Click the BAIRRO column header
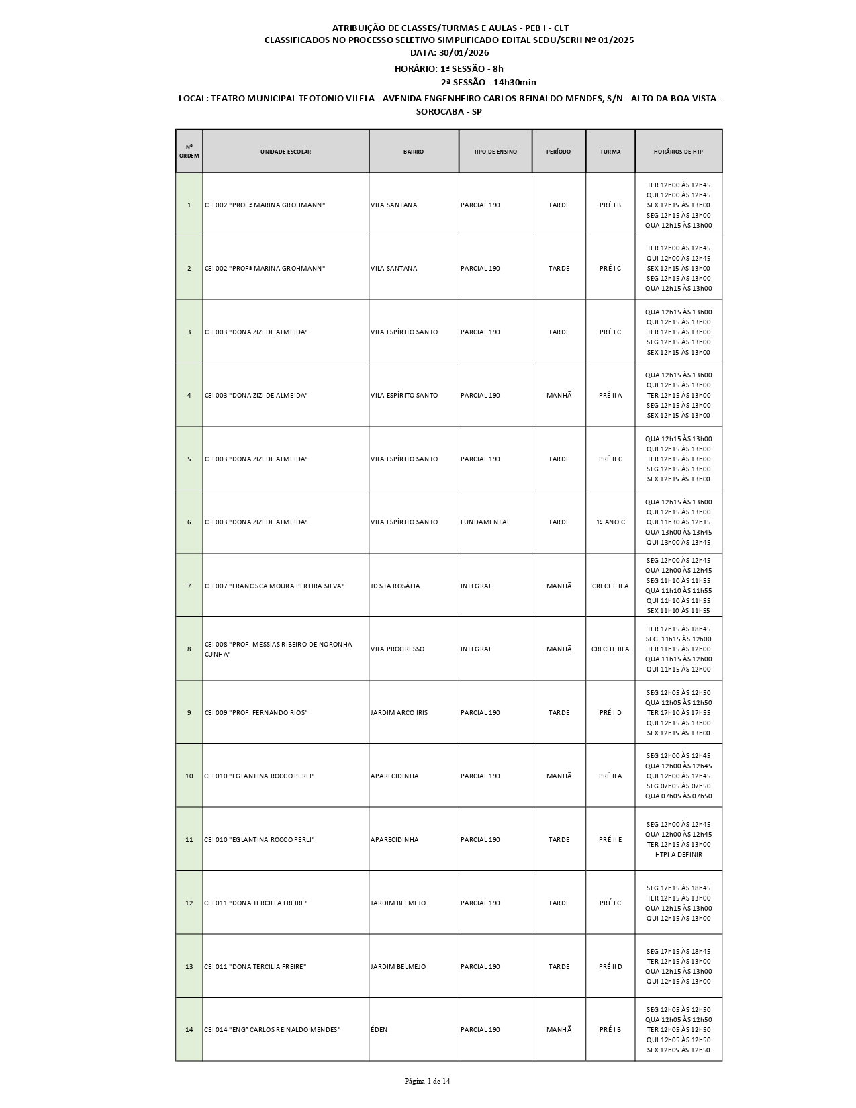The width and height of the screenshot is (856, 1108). (414, 152)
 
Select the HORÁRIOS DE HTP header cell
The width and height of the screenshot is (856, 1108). (678, 152)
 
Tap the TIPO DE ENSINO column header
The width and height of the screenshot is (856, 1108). (495, 152)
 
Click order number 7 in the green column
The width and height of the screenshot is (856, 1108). (189, 586)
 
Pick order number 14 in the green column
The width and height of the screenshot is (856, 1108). (189, 1030)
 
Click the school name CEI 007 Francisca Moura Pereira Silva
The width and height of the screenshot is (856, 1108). (275, 586)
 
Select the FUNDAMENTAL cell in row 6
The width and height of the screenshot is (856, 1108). (485, 522)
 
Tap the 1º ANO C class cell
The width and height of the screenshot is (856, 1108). (610, 522)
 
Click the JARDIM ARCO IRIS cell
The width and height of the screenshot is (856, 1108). (399, 713)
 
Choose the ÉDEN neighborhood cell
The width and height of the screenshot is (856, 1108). (379, 1030)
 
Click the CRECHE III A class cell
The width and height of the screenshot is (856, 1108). (610, 649)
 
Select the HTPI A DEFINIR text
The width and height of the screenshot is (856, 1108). (678, 855)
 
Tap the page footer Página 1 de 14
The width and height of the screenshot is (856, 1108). (427, 1081)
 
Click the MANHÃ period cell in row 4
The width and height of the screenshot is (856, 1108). (559, 396)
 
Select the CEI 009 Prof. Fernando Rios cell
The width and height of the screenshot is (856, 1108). (256, 713)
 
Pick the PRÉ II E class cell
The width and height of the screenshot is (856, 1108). (610, 840)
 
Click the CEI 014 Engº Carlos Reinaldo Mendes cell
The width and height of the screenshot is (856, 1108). (273, 1030)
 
